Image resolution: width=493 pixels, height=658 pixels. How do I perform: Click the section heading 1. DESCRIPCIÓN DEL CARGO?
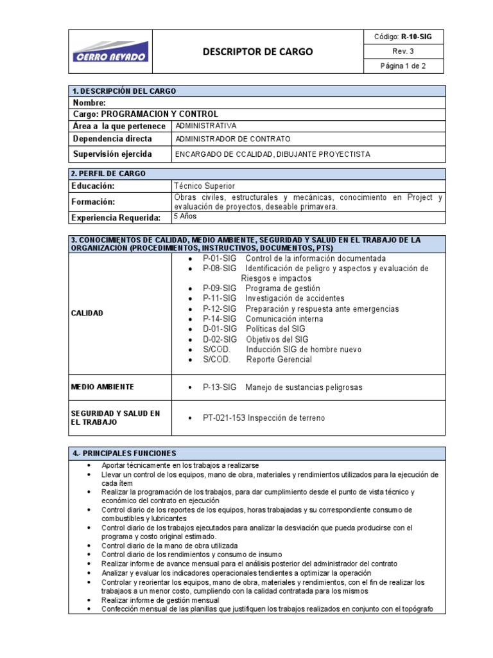[x=125, y=91]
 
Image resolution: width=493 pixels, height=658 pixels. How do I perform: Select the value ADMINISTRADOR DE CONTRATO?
[x=233, y=139]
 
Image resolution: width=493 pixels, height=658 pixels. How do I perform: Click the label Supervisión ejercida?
[x=112, y=154]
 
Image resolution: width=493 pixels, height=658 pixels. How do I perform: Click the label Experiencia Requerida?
[x=116, y=218]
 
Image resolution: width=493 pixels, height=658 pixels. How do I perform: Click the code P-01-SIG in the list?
[x=220, y=258]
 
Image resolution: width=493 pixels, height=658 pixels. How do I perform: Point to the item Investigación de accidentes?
[x=295, y=298]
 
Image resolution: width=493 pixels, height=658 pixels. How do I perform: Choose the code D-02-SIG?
[x=220, y=339]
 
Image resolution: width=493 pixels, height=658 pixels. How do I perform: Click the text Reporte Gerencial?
[x=279, y=359]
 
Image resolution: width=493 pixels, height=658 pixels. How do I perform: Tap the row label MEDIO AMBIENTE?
[x=103, y=387]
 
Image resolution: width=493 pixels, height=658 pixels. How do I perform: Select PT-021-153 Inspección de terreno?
[x=264, y=418]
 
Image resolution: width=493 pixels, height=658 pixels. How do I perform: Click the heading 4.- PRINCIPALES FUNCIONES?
[x=128, y=453]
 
